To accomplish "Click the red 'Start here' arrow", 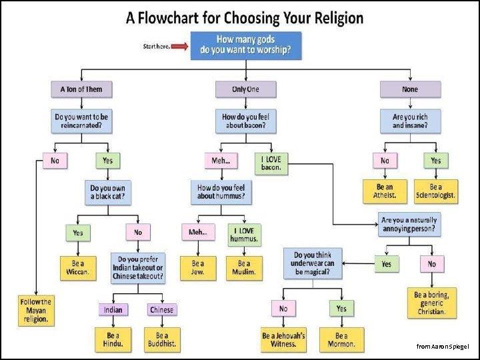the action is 180,46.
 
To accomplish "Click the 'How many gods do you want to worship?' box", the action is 246,45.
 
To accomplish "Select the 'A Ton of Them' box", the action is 81,89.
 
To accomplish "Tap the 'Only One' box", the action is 246,89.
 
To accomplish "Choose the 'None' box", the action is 410,89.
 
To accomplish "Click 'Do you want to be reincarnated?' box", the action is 81,121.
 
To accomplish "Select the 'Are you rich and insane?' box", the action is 410,121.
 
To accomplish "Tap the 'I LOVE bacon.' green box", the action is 271,163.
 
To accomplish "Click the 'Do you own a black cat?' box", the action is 107,193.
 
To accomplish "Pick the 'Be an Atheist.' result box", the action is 385,191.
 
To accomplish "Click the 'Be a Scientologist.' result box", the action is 436,191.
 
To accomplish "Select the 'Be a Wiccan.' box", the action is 78,268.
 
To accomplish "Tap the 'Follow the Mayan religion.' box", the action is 36,311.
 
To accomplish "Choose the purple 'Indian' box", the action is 113,310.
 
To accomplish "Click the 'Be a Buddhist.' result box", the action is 161,340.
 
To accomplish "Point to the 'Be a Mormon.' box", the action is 341,340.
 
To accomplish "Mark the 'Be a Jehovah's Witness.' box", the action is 283,340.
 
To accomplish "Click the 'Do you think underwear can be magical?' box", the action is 313,264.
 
